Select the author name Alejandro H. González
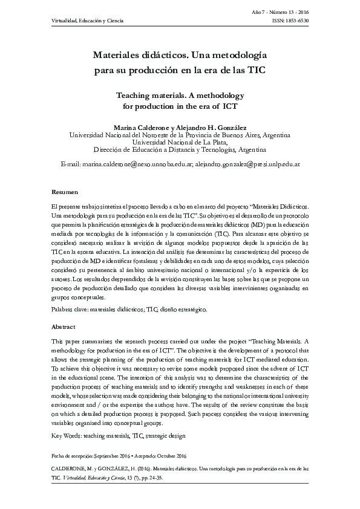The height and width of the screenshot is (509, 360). click(x=209, y=127)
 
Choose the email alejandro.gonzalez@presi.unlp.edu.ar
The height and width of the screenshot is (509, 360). click(x=246, y=164)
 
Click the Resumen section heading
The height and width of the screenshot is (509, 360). click(x=64, y=192)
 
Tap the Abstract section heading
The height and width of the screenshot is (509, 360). click(x=64, y=326)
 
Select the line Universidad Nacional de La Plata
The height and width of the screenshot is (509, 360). click(x=180, y=142)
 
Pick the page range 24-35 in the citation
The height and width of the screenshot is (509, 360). click(x=154, y=476)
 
